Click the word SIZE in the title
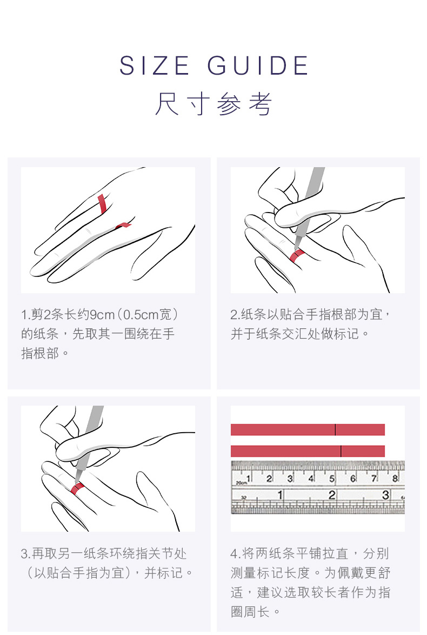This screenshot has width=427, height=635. click(154, 65)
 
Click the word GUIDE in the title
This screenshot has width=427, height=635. click(258, 65)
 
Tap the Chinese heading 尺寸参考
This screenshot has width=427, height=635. click(213, 104)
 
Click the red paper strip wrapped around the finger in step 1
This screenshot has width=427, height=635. click(102, 204)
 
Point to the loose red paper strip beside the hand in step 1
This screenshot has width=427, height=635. click(123, 225)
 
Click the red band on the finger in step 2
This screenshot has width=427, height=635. click(297, 256)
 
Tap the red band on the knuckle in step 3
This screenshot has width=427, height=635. click(77, 488)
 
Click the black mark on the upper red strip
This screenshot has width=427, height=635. click(335, 429)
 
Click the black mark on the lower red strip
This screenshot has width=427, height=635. click(341, 451)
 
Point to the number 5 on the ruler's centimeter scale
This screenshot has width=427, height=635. click(332, 479)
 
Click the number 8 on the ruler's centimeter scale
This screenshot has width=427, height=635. click(395, 478)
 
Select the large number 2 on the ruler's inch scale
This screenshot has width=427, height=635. click(332, 495)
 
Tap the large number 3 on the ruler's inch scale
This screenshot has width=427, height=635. click(385, 495)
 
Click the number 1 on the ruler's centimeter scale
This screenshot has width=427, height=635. click(249, 479)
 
